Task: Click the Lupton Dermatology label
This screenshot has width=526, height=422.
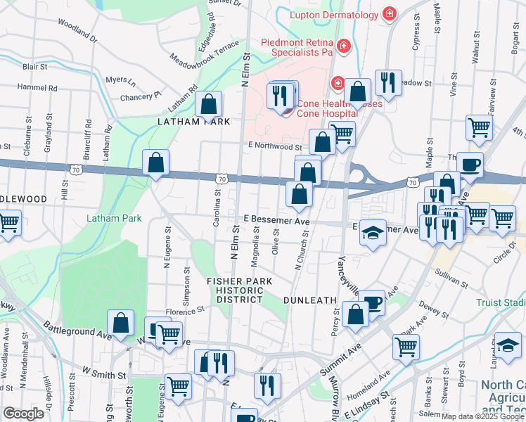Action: [x=334, y=14]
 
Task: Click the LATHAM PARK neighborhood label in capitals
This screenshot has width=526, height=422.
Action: [x=194, y=122]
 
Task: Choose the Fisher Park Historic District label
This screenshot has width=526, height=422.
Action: [x=239, y=290]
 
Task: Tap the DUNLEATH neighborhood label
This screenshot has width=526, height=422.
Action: [x=309, y=300]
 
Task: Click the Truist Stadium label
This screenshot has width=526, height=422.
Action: [x=501, y=302]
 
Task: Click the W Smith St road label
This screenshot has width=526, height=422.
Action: [x=104, y=372]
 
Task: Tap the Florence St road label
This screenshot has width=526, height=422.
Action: [x=185, y=309]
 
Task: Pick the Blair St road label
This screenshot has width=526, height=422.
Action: [x=34, y=67]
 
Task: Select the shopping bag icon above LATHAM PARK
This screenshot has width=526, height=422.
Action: [x=209, y=105]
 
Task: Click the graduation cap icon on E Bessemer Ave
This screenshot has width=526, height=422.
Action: [x=373, y=234]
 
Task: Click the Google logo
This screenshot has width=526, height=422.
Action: [x=23, y=414]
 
